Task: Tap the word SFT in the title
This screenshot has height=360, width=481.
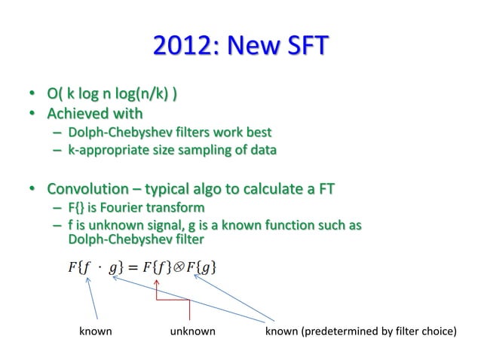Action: [303, 46]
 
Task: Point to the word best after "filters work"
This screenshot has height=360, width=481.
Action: [256, 133]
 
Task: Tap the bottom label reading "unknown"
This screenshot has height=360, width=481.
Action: [192, 331]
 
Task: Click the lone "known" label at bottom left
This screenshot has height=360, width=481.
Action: [96, 331]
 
